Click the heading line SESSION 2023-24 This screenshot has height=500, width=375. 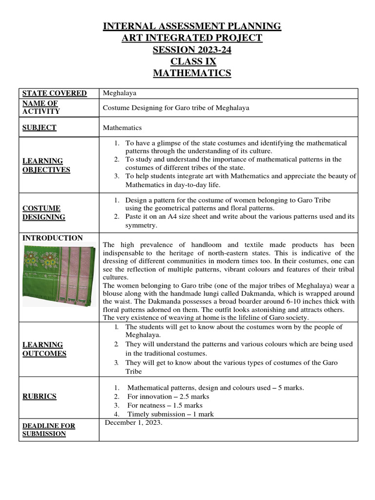point(192,50)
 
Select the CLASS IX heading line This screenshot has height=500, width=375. point(192,62)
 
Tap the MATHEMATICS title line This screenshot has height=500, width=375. point(192,73)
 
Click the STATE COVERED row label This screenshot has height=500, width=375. point(54,93)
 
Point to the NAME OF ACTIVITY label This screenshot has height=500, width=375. point(41,107)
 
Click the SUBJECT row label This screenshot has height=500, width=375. point(39,127)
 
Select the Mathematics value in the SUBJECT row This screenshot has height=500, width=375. point(122,128)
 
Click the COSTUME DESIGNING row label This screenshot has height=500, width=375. point(44,212)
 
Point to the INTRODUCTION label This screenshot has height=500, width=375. point(53,238)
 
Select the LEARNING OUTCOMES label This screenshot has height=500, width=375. point(44,349)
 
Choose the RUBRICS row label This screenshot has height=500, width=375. point(40,396)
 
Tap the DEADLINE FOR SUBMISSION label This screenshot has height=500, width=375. point(49,430)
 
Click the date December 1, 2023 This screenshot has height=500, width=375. point(134,423)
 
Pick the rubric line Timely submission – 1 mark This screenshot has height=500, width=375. point(170,414)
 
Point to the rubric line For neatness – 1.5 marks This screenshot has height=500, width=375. point(165,405)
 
